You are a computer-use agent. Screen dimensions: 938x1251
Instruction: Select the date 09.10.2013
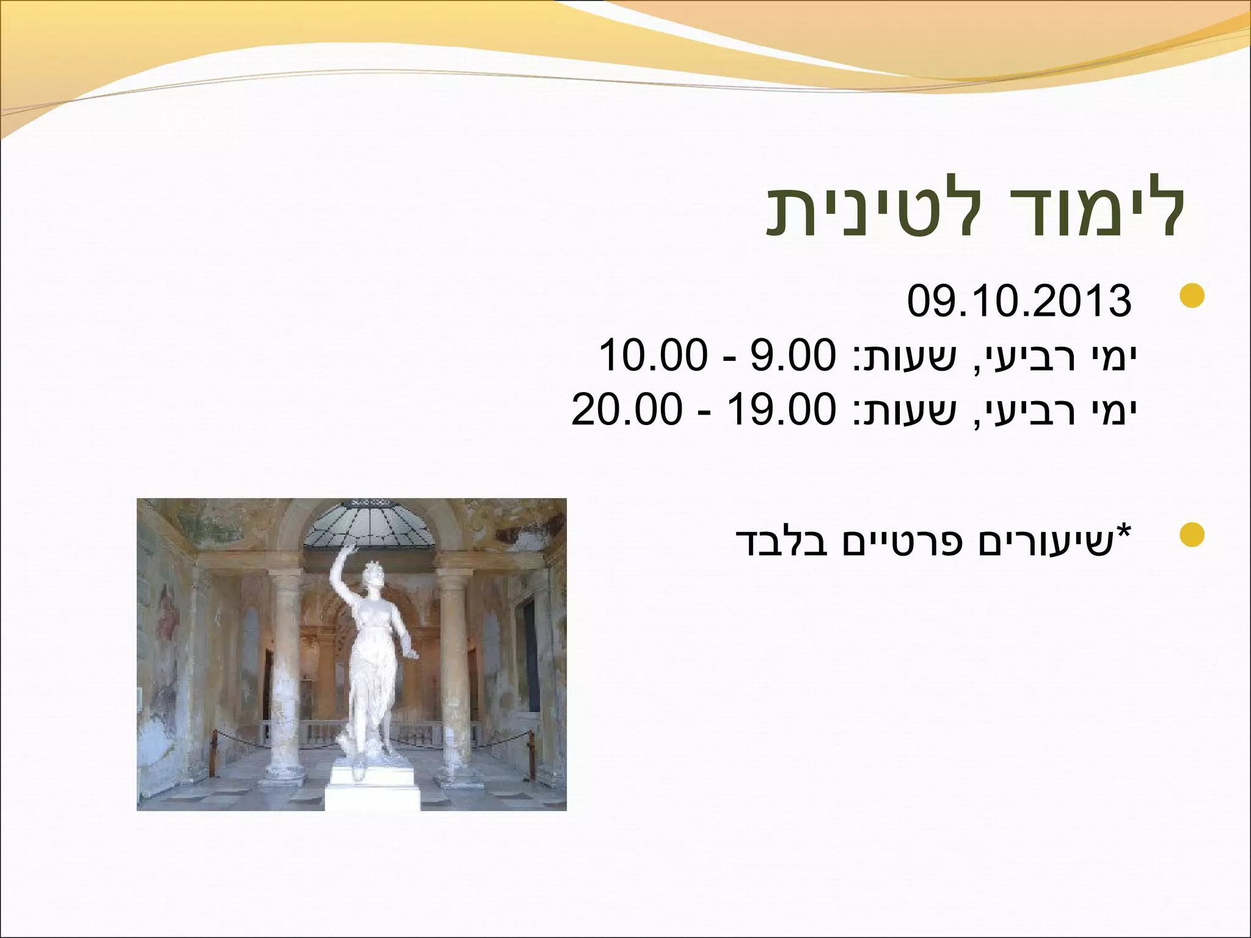pyautogui.click(x=1019, y=301)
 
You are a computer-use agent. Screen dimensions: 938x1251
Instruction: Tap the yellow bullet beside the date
pyautogui.click(x=1191, y=296)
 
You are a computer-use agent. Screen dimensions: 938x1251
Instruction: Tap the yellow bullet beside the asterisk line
pyautogui.click(x=1191, y=535)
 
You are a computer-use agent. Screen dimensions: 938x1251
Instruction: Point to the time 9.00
pyautogui.click(x=792, y=356)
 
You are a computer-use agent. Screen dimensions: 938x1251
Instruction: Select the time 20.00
pyautogui.click(x=626, y=409)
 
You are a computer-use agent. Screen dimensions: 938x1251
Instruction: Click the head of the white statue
pyautogui.click(x=372, y=574)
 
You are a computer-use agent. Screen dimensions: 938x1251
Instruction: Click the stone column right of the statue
pyautogui.click(x=454, y=672)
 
